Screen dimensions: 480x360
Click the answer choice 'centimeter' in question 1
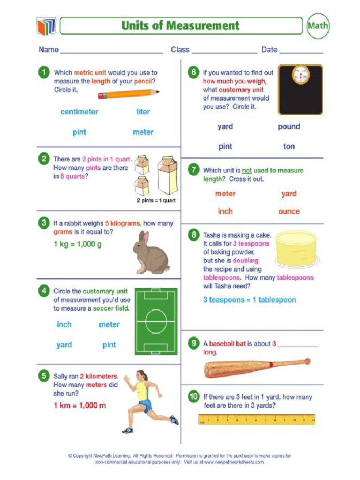pos(79,112)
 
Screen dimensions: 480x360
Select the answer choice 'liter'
pos(143,112)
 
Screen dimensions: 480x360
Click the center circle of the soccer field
pos(156,321)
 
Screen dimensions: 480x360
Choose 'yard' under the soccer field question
pos(64,345)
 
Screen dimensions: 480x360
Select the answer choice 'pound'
pos(289,127)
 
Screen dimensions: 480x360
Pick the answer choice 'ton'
pos(289,146)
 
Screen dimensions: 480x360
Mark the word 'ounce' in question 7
pos(289,211)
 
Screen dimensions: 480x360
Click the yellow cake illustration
pos(296,248)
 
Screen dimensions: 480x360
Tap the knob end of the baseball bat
pos(307,361)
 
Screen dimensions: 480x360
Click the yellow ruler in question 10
pos(256,419)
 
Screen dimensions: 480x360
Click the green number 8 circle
pos(193,235)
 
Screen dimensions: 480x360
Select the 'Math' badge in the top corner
pos(318,26)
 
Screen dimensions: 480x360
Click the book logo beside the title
pos(46,26)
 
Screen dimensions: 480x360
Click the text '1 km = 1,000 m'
pos(80,405)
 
